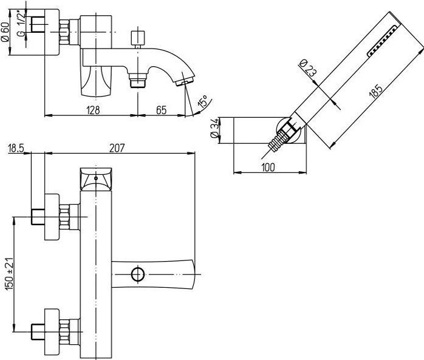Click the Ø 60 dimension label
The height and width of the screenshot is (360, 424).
[5, 32]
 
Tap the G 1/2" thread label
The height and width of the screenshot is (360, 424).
[21, 24]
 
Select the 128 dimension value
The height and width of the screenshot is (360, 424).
[93, 110]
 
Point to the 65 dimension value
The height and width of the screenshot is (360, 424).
[161, 110]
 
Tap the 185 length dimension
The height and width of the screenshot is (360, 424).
[375, 91]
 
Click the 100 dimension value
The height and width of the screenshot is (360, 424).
[268, 168]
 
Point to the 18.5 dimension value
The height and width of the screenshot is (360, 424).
[16, 148]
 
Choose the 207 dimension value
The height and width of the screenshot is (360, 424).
[117, 148]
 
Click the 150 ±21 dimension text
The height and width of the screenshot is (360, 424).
[10, 274]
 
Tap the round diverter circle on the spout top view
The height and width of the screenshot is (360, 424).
[138, 274]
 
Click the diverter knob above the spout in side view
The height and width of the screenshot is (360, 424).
[138, 38]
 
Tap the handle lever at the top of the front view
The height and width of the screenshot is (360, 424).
[96, 179]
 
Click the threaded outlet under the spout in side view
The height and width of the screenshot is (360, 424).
[138, 80]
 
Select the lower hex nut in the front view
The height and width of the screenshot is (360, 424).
[64, 332]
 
